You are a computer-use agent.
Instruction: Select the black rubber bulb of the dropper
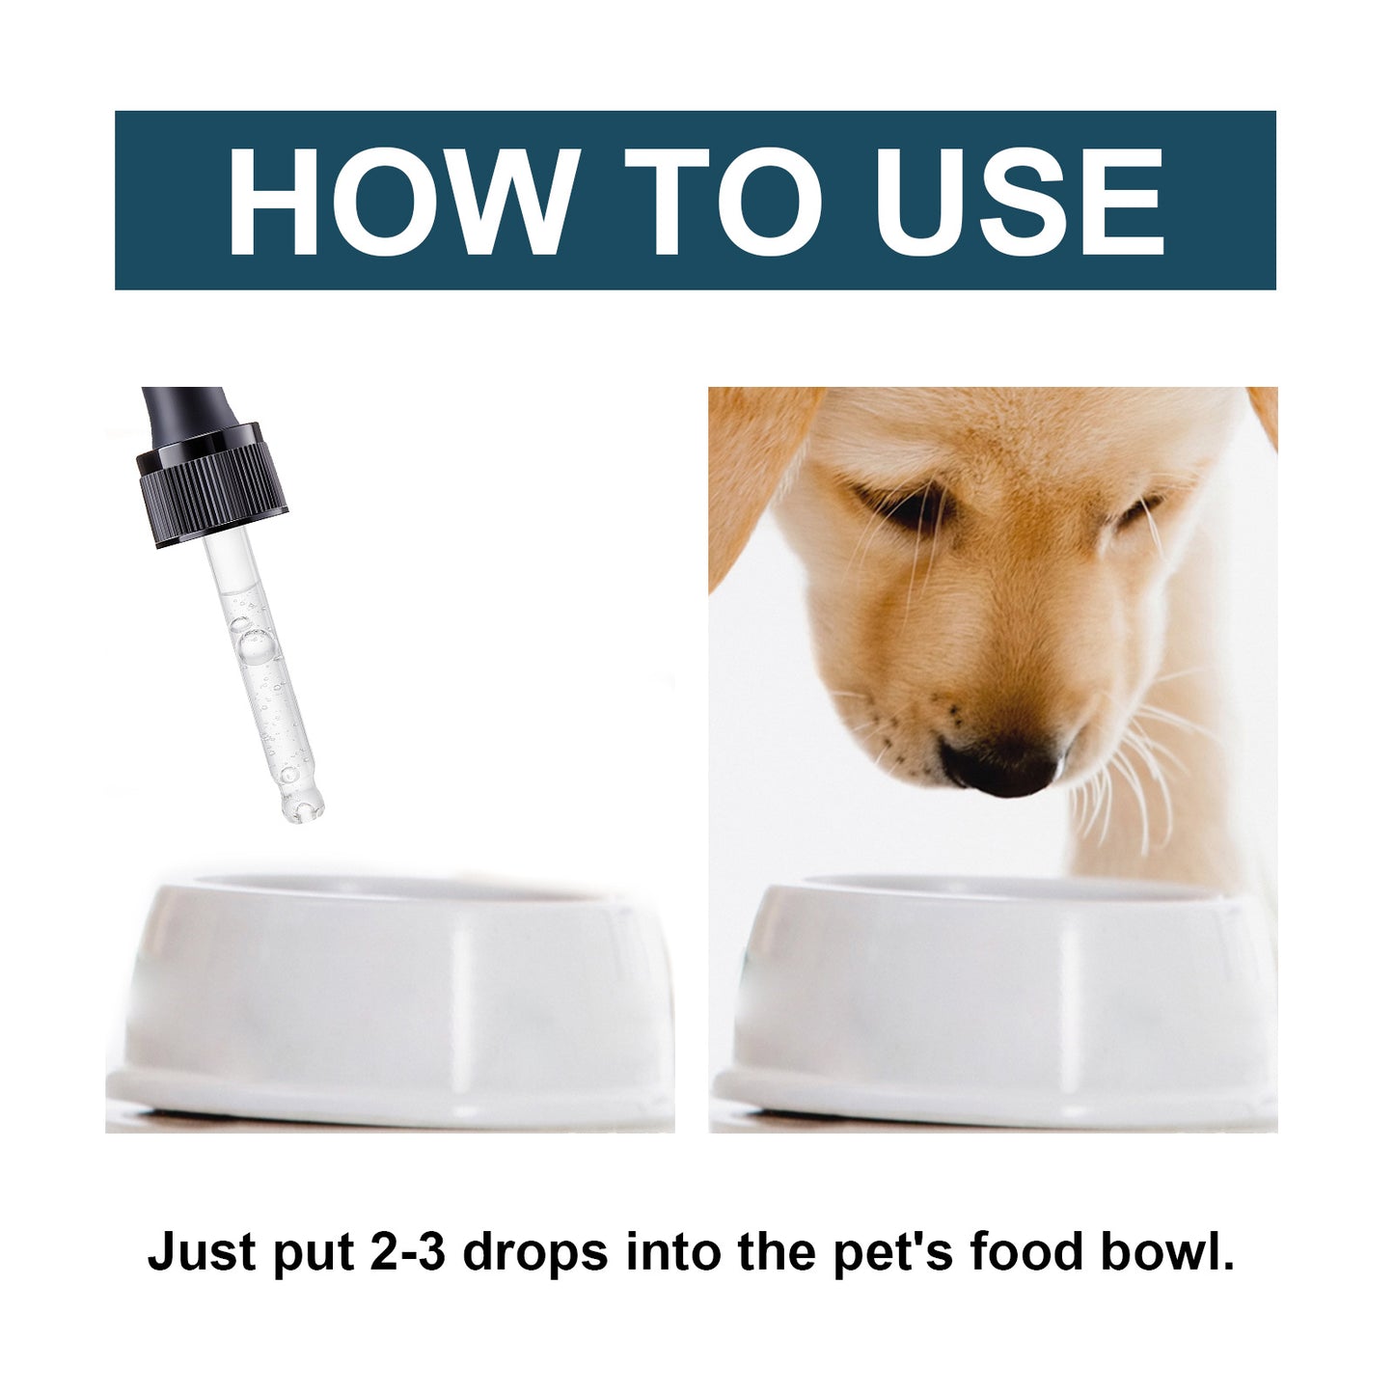pyautogui.click(x=187, y=411)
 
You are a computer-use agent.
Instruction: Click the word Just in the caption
pyautogui.click(x=202, y=1252)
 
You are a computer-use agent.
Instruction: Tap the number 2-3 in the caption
pyautogui.click(x=406, y=1252)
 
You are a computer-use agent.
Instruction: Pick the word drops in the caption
pyautogui.click(x=535, y=1252)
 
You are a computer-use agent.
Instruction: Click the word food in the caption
pyautogui.click(x=1026, y=1251)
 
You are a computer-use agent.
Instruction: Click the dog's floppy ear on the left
pyautogui.click(x=748, y=473)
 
